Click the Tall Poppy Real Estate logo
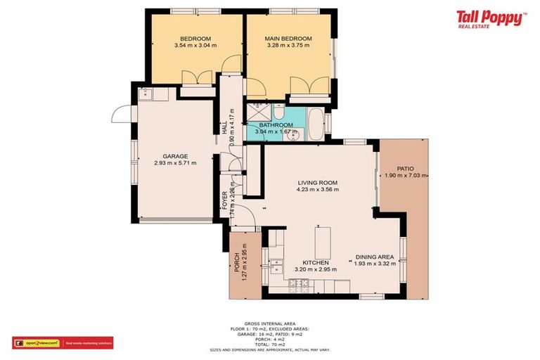pyautogui.click(x=490, y=19)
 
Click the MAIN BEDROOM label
pyautogui.click(x=288, y=39)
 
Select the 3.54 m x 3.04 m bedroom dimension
pyautogui.click(x=195, y=46)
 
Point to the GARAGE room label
pyautogui.click(x=175, y=156)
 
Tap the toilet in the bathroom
pyautogui.click(x=278, y=114)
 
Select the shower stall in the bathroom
pyautogui.click(x=257, y=112)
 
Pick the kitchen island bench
pyautogui.click(x=323, y=243)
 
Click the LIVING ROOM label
pyautogui.click(x=318, y=183)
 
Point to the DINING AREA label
pyautogui.click(x=375, y=257)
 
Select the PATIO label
pyautogui.click(x=405, y=169)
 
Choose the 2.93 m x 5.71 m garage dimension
pyautogui.click(x=175, y=163)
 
